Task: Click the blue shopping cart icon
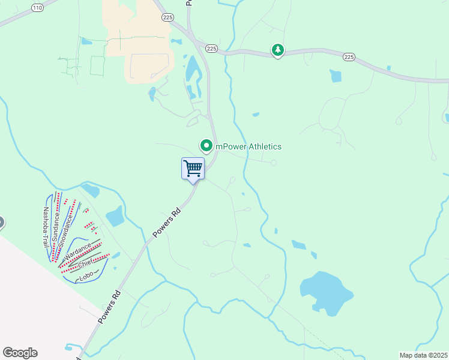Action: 193,168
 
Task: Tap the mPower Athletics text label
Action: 249,146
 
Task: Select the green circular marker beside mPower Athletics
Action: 206,146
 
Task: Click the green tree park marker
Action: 277,50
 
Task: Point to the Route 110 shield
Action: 38,8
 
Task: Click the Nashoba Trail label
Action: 46,227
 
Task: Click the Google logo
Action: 20,353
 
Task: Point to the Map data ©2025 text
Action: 423,355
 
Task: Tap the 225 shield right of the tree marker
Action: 349,56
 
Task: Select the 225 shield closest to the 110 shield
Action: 167,18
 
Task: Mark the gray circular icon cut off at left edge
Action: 1,223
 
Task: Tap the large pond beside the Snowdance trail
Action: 115,216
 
